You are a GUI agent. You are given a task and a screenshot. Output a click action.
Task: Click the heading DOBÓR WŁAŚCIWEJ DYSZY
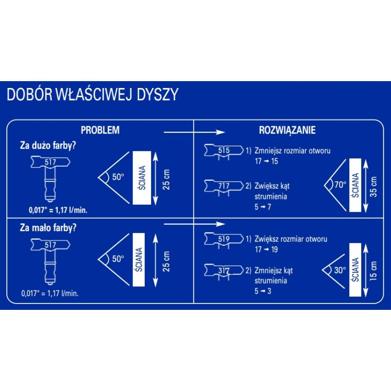tap(92, 94)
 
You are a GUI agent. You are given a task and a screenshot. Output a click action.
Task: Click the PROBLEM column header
tap(100, 130)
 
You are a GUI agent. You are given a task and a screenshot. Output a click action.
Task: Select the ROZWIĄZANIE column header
tap(287, 130)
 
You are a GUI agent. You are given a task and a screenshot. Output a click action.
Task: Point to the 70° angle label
tap(340, 185)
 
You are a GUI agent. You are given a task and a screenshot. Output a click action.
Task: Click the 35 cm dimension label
tap(374, 186)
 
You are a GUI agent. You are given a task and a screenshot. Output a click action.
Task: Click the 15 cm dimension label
tap(374, 270)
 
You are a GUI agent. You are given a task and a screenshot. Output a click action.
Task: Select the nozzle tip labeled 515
tap(224, 151)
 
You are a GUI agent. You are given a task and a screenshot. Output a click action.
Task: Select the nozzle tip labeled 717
tap(224, 186)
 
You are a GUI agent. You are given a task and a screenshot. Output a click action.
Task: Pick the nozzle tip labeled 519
tap(224, 239)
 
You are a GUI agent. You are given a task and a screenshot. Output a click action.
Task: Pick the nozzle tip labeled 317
tap(224, 270)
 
